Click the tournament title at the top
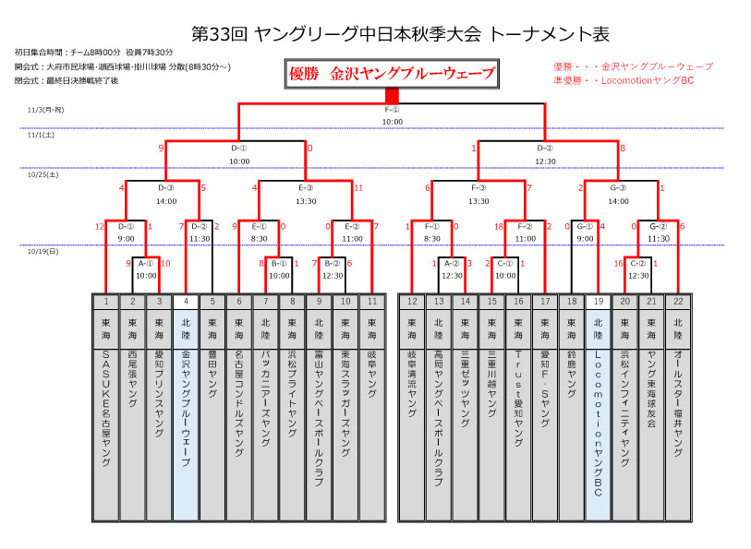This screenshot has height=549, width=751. (400, 34)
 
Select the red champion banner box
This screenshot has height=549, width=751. (392, 74)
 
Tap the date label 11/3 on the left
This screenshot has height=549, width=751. (45, 110)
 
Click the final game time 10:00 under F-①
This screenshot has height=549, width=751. (393, 121)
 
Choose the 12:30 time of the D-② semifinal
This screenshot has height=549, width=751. (545, 161)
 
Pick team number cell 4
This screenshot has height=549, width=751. (186, 302)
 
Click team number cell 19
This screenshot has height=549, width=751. (598, 302)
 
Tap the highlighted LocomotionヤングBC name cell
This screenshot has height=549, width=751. (598, 424)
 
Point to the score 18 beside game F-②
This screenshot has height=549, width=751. (498, 226)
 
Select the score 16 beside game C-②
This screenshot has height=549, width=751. (618, 264)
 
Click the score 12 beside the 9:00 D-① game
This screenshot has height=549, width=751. (100, 226)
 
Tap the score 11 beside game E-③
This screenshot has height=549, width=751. (358, 187)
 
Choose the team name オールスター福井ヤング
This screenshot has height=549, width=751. (679, 402)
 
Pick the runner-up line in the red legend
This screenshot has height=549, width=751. (623, 80)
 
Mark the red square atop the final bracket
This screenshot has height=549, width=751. (393, 95)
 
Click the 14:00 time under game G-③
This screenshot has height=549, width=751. (619, 200)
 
